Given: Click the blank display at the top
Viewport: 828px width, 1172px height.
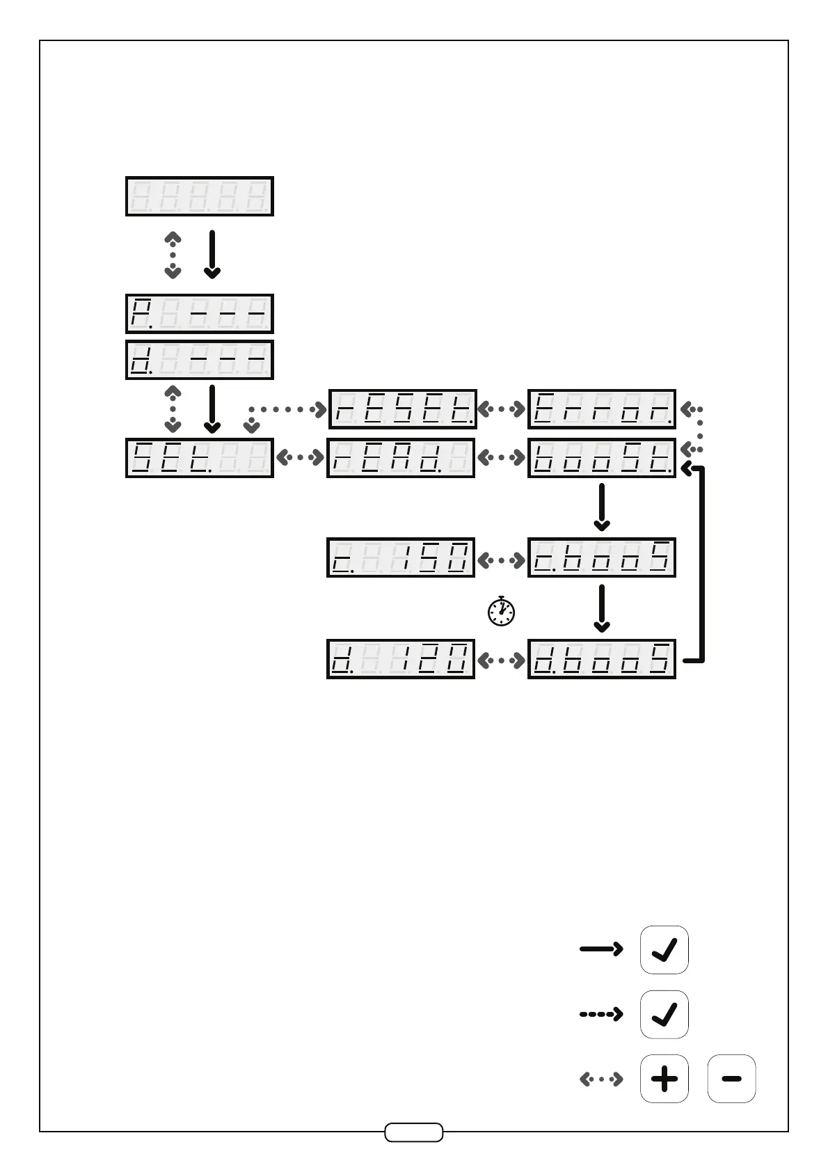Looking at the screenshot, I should point(199,196).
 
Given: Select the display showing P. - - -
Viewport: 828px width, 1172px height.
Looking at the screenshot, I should point(199,314).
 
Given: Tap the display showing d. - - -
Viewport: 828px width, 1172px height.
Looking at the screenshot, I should point(199,360).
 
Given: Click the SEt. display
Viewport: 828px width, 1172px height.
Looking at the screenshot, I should point(199,458).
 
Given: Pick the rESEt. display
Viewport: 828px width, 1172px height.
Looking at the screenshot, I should point(402,409).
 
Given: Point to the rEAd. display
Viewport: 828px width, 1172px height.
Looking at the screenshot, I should point(401,458).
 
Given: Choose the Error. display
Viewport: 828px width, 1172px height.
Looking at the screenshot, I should point(602,409).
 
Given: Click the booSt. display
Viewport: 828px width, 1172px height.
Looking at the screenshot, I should point(602,458).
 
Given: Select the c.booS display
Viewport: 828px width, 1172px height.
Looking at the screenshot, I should point(602,557).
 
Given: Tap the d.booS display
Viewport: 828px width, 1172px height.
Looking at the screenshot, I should point(602,659).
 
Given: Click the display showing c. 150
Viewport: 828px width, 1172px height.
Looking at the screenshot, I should point(401,557).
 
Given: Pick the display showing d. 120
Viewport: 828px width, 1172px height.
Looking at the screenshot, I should point(401,659).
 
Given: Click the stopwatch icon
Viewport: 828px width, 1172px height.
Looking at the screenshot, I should point(501,611).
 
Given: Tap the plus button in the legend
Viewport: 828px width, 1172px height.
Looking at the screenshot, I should point(664,1079).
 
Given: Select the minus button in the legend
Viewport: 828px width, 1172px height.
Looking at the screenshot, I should point(731,1079).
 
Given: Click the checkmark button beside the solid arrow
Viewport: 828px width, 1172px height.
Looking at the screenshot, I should point(664,950).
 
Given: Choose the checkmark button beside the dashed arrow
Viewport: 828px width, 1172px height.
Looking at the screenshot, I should point(664,1014).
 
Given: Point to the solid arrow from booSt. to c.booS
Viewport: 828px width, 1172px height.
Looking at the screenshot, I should point(602,507).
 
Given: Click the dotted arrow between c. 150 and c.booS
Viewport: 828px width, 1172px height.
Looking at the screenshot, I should point(501,559).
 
